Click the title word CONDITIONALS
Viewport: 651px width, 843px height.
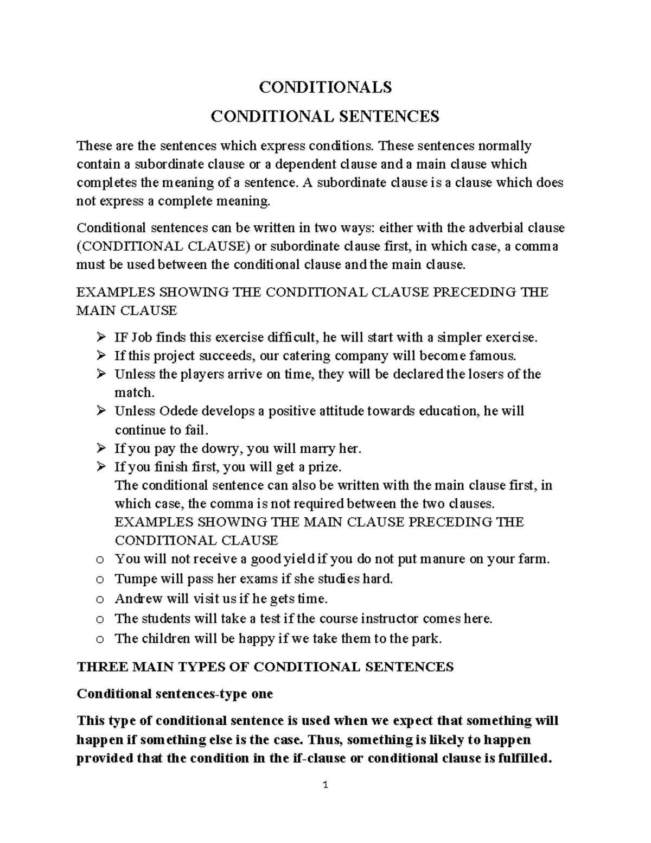[325, 87]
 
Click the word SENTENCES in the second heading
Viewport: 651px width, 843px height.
[388, 116]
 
